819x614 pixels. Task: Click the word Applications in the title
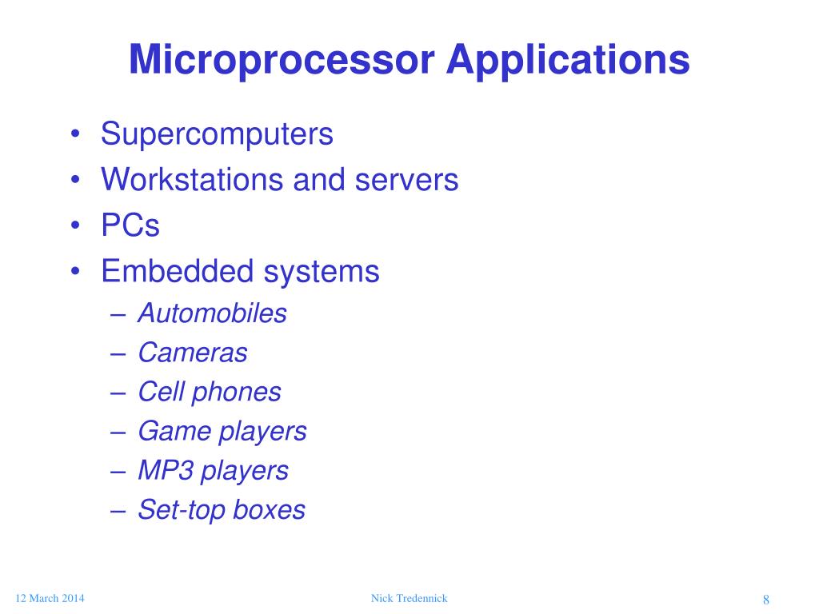[568, 60]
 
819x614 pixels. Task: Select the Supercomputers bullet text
[217, 134]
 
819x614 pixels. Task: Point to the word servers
[406, 180]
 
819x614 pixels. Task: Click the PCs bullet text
[130, 225]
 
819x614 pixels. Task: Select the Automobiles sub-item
[212, 313]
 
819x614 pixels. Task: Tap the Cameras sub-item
[193, 352]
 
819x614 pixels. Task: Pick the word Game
[164, 431]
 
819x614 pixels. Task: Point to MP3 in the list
[166, 470]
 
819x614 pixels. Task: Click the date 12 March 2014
[50, 599]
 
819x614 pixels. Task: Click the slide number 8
[765, 601]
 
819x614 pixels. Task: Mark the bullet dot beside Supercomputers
[74, 135]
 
